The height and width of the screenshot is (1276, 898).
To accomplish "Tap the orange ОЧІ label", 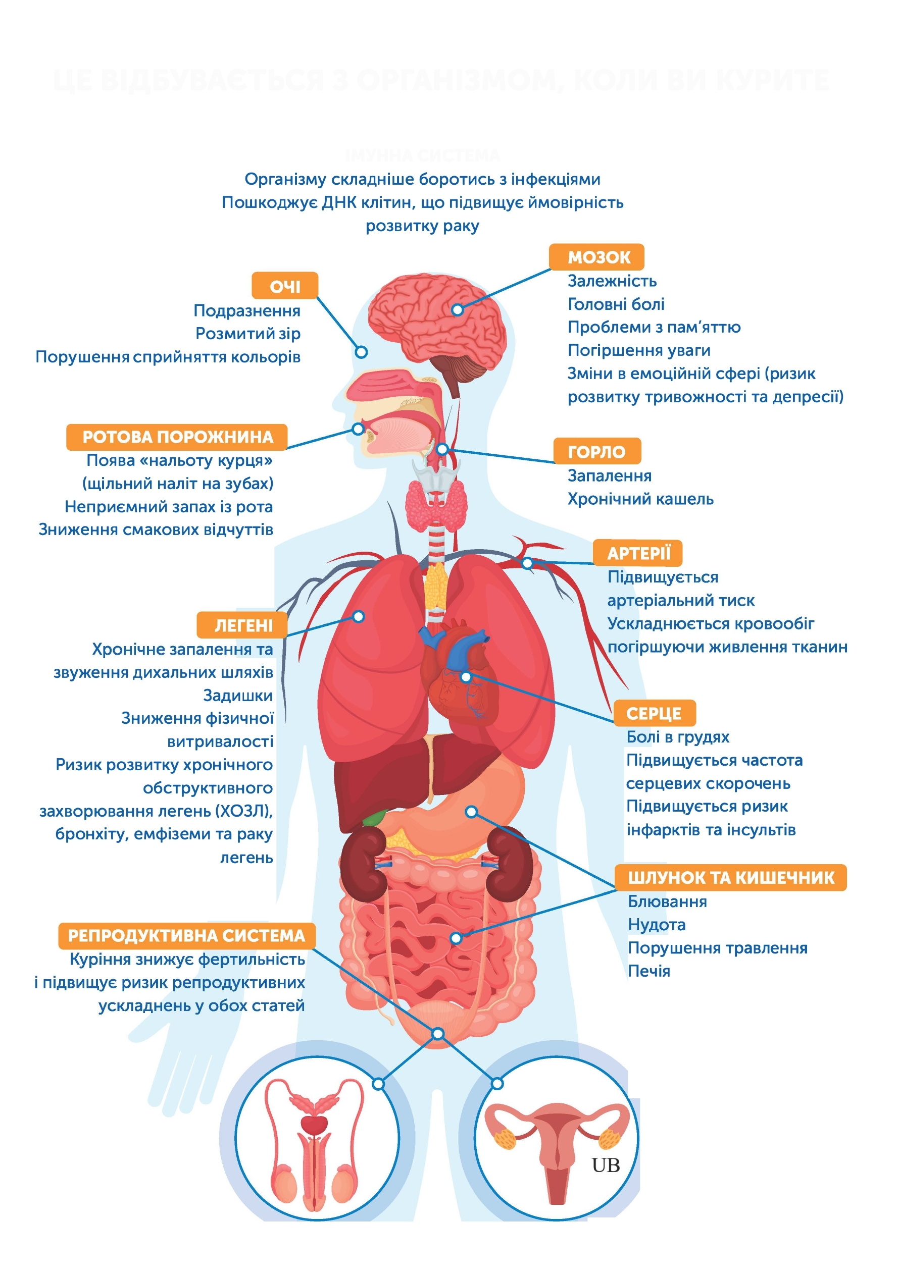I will coord(285,286).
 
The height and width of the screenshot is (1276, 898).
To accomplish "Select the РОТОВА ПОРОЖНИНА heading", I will coord(177,437).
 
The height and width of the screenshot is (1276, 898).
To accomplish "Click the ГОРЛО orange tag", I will coord(596,452).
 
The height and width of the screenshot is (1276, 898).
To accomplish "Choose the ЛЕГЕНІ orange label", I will coord(243,625).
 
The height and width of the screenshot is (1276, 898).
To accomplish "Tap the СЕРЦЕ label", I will coord(654,713).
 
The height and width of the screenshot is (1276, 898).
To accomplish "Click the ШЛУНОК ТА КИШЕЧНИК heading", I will coord(731,878).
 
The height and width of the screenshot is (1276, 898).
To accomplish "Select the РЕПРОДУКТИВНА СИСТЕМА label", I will coord(186,935).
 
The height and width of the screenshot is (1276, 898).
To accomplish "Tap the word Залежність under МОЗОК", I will coord(612,281).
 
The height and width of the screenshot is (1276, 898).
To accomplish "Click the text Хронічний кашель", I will coord(640,499).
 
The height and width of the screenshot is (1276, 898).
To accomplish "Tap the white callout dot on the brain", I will coord(457,309).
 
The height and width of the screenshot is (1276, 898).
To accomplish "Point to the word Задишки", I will coord(237,695).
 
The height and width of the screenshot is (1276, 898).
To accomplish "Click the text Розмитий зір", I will coord(247,334).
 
